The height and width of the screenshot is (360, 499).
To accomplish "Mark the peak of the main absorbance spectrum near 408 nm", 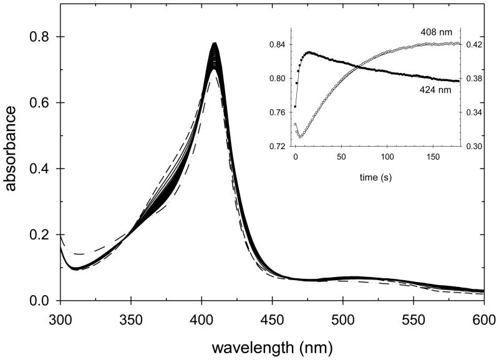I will [215, 44].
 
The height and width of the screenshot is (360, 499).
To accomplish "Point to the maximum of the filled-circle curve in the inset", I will [308, 53].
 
